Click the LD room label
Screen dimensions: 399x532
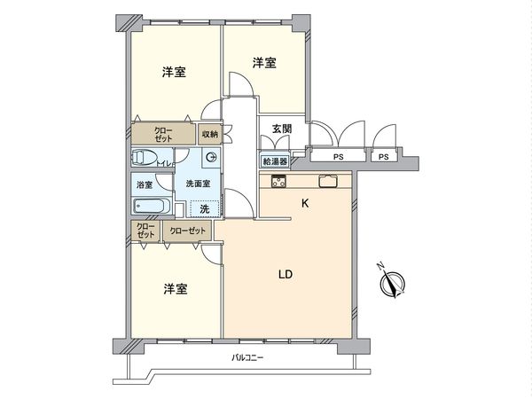[286, 275]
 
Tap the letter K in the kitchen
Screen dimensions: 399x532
[305, 204]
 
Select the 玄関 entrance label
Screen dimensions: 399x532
[281, 129]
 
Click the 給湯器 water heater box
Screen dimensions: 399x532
[275, 161]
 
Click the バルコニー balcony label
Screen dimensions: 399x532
[248, 357]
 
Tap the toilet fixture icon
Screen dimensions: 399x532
[144, 159]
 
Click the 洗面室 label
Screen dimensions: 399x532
[198, 184]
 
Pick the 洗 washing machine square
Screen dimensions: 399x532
[205, 207]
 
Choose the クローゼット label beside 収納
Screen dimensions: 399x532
[164, 134]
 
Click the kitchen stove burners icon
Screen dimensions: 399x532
[278, 183]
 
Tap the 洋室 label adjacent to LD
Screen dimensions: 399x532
[175, 289]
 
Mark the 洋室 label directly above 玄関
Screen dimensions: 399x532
[263, 63]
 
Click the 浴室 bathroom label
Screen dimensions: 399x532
[144, 184]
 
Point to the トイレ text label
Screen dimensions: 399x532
[164, 163]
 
